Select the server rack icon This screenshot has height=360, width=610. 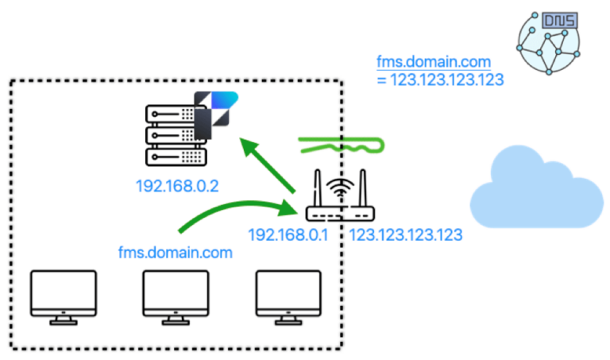pyautogui.click(x=171, y=134)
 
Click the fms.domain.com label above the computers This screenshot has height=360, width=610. pyautogui.click(x=176, y=252)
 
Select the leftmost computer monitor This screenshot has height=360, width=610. pyautogui.click(x=64, y=296)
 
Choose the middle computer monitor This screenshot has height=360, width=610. pyautogui.click(x=176, y=296)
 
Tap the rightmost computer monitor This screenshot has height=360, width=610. pyautogui.click(x=289, y=296)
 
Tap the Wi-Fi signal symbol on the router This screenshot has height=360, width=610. pyautogui.click(x=341, y=189)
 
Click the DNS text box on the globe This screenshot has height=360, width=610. pyautogui.click(x=559, y=22)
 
